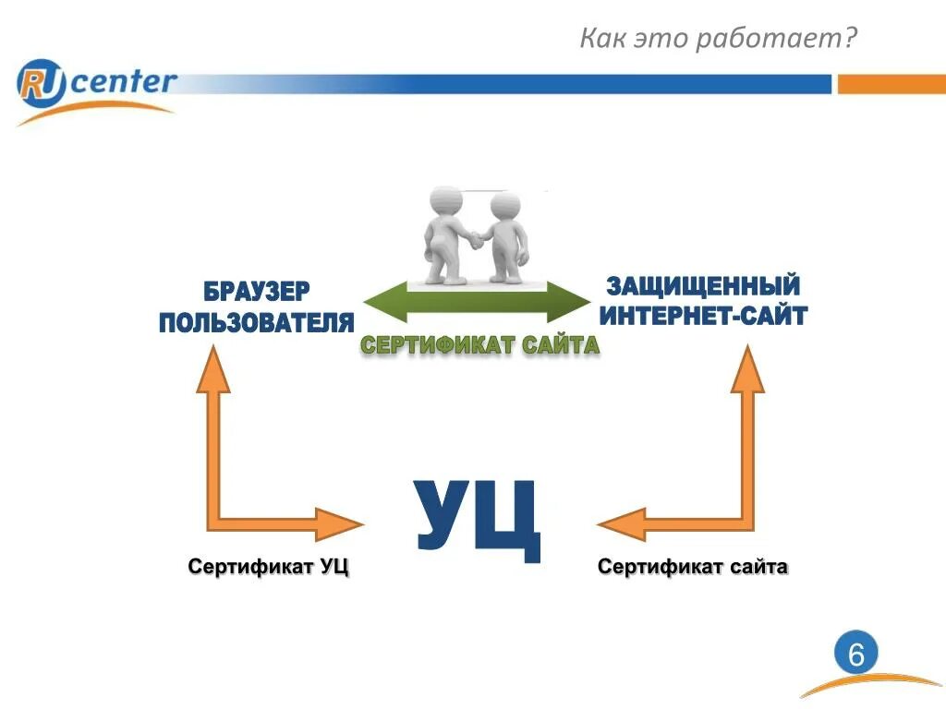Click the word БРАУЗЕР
pyautogui.click(x=257, y=292)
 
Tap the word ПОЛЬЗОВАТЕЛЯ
pyautogui.click(x=257, y=322)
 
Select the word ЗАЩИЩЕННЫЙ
pyautogui.click(x=703, y=285)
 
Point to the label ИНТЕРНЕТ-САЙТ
pyautogui.click(x=703, y=316)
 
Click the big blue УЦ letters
pyautogui.click(x=477, y=518)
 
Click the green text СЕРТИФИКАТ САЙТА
pyautogui.click(x=479, y=345)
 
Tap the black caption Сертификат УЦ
pyautogui.click(x=269, y=567)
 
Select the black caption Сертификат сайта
pyautogui.click(x=692, y=567)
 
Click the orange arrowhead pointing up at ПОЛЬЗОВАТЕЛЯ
pyautogui.click(x=213, y=369)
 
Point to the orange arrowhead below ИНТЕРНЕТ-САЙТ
pyautogui.click(x=748, y=369)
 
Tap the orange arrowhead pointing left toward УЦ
pyautogui.click(x=621, y=523)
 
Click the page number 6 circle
pyautogui.click(x=856, y=655)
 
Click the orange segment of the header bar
pyautogui.click(x=891, y=84)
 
